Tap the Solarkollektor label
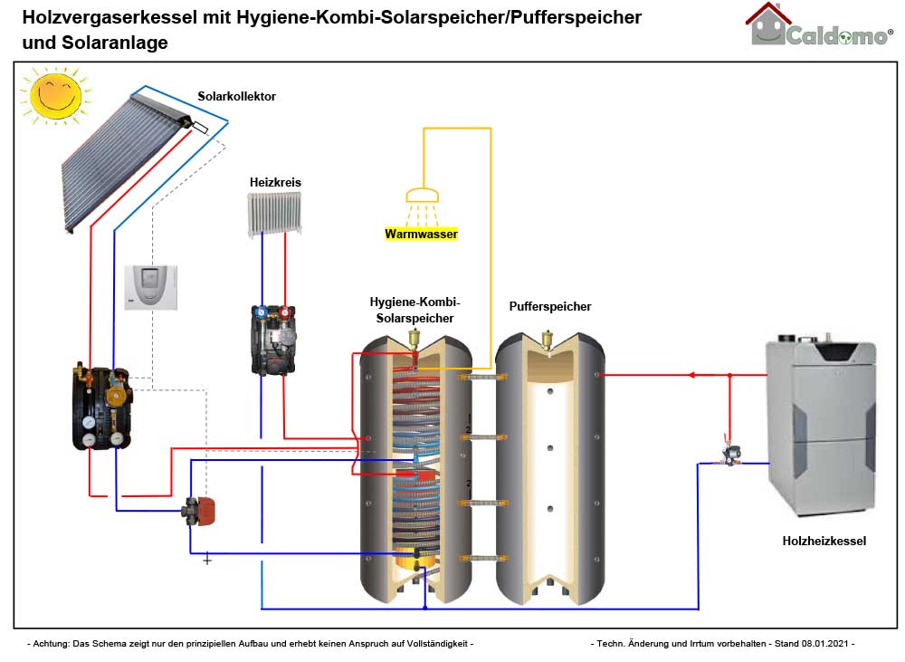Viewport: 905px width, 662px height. (x=237, y=96)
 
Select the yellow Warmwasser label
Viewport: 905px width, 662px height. (x=422, y=234)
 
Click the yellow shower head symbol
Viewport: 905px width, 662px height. (x=422, y=195)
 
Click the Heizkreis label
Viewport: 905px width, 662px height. (x=275, y=182)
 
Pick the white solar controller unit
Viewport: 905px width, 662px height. (x=152, y=287)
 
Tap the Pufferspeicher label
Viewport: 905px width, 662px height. (x=550, y=306)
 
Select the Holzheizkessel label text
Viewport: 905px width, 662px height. (x=824, y=541)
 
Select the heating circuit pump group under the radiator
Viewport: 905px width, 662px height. (x=273, y=340)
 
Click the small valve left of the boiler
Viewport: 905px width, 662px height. (x=729, y=451)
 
